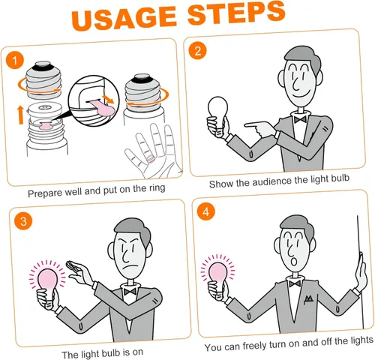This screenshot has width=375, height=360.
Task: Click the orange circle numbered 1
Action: pyautogui.click(x=15, y=61)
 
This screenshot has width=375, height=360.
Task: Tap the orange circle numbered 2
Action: pyautogui.click(x=198, y=51)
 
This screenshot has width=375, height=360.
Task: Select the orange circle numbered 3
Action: pyautogui.click(x=23, y=221)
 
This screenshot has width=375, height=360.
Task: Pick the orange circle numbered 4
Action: pyautogui.click(x=205, y=211)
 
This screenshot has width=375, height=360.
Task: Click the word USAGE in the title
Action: pyautogui.click(x=124, y=19)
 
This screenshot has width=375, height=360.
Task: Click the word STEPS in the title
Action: pyautogui.click(x=236, y=13)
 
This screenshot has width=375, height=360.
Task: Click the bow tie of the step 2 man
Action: pyautogui.click(x=300, y=119)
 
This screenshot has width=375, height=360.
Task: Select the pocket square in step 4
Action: pyautogui.click(x=308, y=298)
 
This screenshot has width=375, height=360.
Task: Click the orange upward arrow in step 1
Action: pyautogui.click(x=20, y=115)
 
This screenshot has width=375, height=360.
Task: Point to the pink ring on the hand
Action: pyautogui.click(x=151, y=158)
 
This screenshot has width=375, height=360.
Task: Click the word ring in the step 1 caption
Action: pyautogui.click(x=157, y=187)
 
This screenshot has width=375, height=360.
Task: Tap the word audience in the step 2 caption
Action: pyautogui.click(x=272, y=181)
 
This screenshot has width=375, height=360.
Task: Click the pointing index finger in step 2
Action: pyautogui.click(x=253, y=124)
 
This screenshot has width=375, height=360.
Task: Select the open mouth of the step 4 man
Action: pyautogui.click(x=294, y=262)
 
